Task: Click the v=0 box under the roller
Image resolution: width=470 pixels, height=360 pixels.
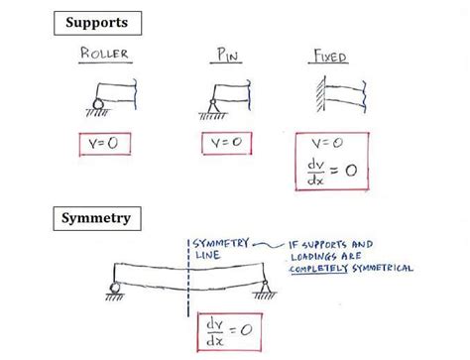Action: pyautogui.click(x=105, y=143)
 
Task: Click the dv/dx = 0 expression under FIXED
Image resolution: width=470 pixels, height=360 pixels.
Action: pyautogui.click(x=331, y=173)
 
